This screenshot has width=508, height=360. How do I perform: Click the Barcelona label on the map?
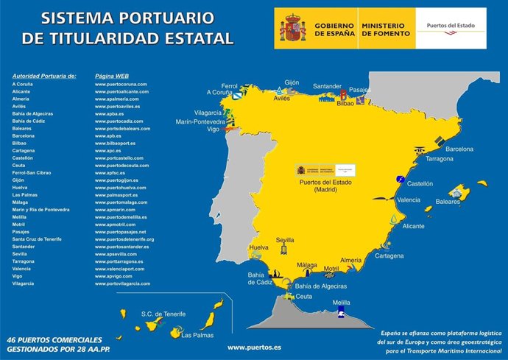[x=459, y=149]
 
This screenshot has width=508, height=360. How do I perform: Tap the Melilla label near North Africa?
[x=341, y=303]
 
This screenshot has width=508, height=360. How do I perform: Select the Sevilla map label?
[x=285, y=240]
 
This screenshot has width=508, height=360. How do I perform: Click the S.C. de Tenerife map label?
[x=163, y=314]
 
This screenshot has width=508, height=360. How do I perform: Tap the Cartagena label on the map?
[x=389, y=255]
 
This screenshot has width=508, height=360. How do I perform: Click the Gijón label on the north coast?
[x=292, y=82]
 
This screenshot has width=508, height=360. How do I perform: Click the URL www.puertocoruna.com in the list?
[x=121, y=85]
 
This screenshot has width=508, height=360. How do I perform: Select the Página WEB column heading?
[x=112, y=76]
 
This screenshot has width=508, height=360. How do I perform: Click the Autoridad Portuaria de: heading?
[x=43, y=76]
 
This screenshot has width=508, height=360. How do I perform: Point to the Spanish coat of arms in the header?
[x=292, y=29]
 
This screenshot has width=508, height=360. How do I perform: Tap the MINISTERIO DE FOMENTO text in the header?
[x=385, y=29]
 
